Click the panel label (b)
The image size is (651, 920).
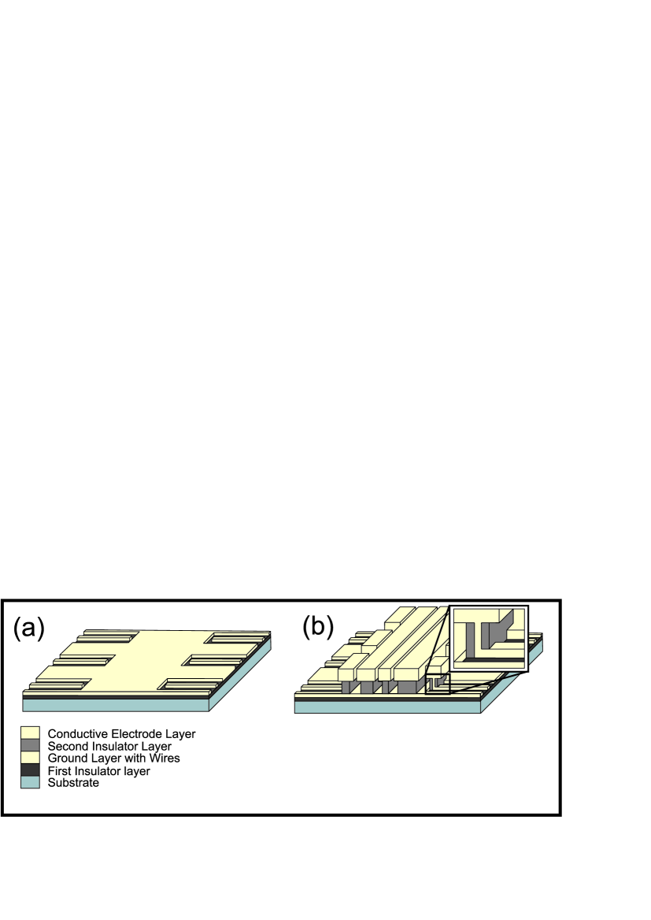click(x=318, y=626)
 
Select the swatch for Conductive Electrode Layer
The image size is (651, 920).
click(x=31, y=733)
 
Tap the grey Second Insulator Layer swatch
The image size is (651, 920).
click(x=31, y=746)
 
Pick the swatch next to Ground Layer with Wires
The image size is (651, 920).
click(x=31, y=758)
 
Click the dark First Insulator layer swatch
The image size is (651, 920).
click(x=31, y=770)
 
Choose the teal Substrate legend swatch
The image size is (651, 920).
click(x=31, y=783)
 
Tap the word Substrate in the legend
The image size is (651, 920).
click(x=73, y=783)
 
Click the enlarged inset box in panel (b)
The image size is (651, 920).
click(x=488, y=638)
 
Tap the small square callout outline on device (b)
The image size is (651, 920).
click(x=438, y=682)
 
